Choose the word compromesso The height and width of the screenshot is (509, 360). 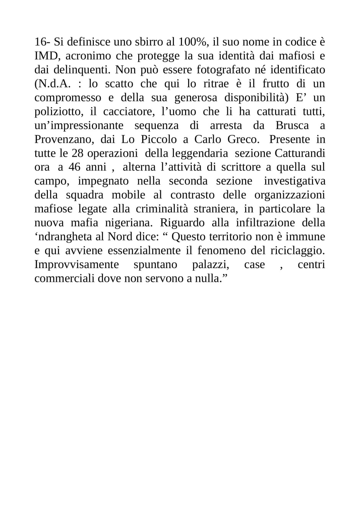pos(68,98)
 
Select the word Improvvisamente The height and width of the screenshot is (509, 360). pos(76,264)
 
